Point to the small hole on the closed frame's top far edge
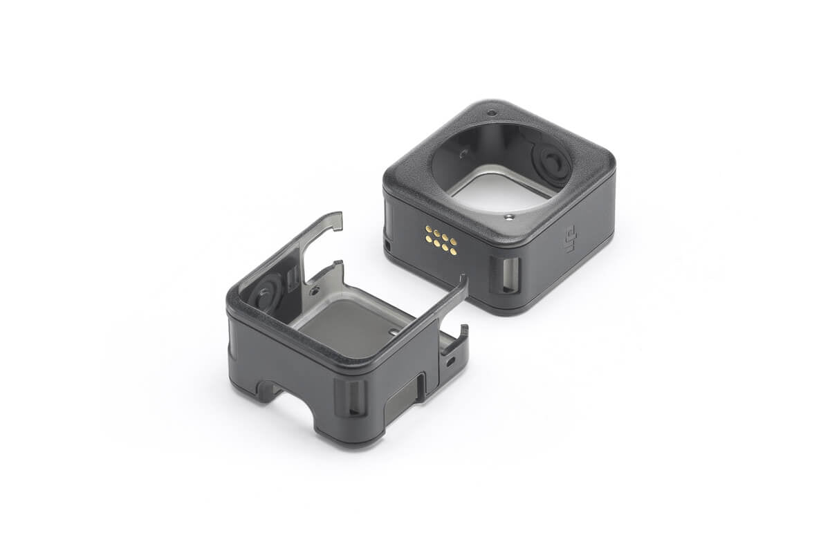[491, 113]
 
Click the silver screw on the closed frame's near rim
[508, 216]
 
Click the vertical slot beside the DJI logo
[508, 274]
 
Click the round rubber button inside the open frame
[266, 292]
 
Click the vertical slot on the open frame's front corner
[351, 397]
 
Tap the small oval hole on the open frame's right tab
[450, 360]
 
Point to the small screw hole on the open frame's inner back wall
[315, 291]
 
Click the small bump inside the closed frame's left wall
[462, 153]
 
